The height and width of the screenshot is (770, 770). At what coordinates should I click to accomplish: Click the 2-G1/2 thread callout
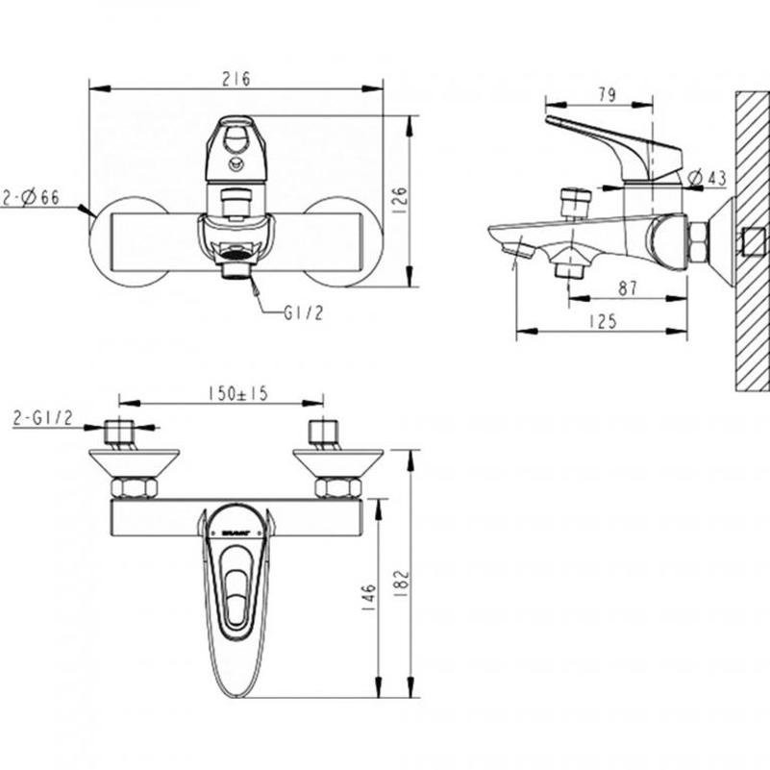point(43,417)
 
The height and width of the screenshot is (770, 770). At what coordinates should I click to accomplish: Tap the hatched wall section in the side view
point(751,240)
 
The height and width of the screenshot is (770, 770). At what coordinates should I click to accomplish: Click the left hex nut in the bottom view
point(134,487)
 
